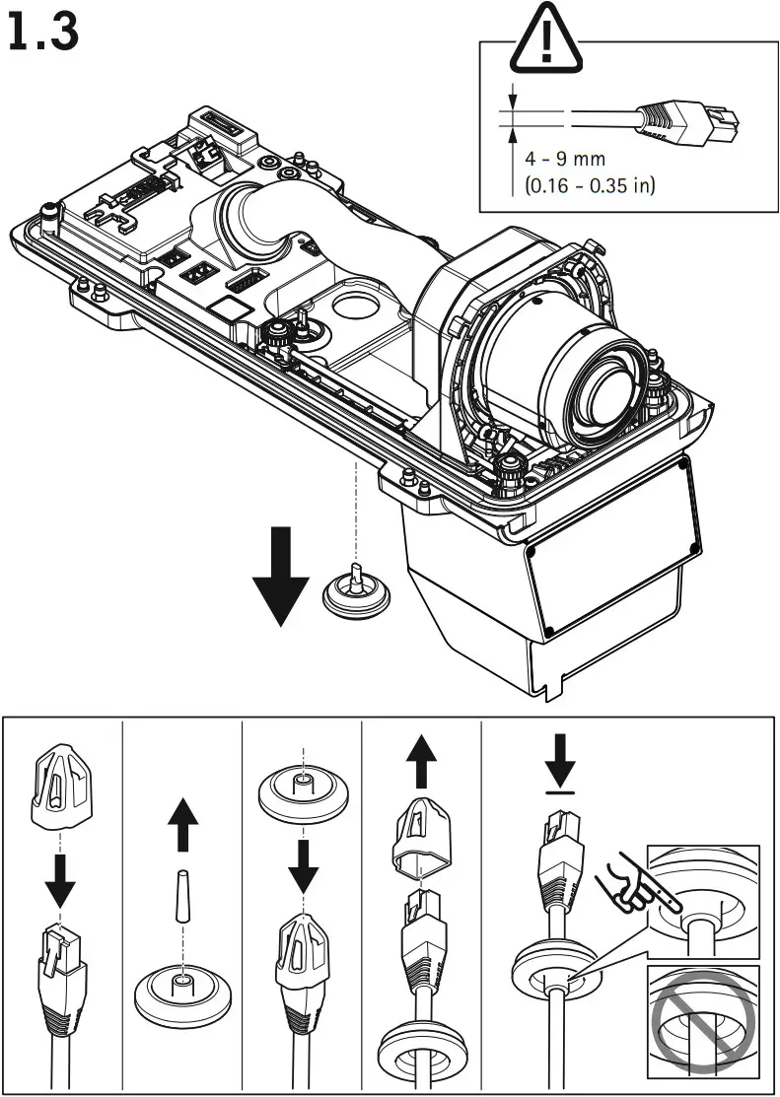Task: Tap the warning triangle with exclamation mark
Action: point(546,38)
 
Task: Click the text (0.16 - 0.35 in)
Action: point(590,186)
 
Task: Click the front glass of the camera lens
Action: point(609,396)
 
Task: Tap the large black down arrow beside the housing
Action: point(281,576)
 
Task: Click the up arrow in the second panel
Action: point(183,824)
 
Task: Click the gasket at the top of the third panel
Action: point(303,796)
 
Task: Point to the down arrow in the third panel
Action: point(303,867)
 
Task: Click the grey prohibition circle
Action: point(703,1021)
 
